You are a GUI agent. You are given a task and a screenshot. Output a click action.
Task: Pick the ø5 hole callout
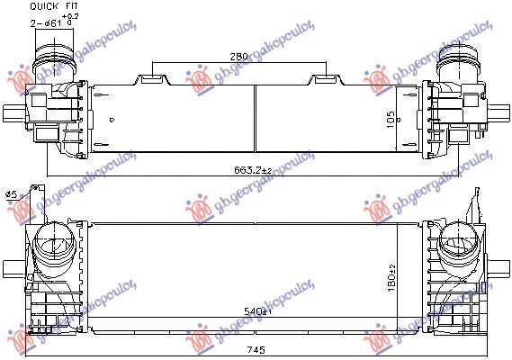[11, 194]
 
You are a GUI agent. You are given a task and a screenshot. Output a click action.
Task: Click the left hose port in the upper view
[48, 67]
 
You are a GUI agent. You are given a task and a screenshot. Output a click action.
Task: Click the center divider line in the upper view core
[256, 117]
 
